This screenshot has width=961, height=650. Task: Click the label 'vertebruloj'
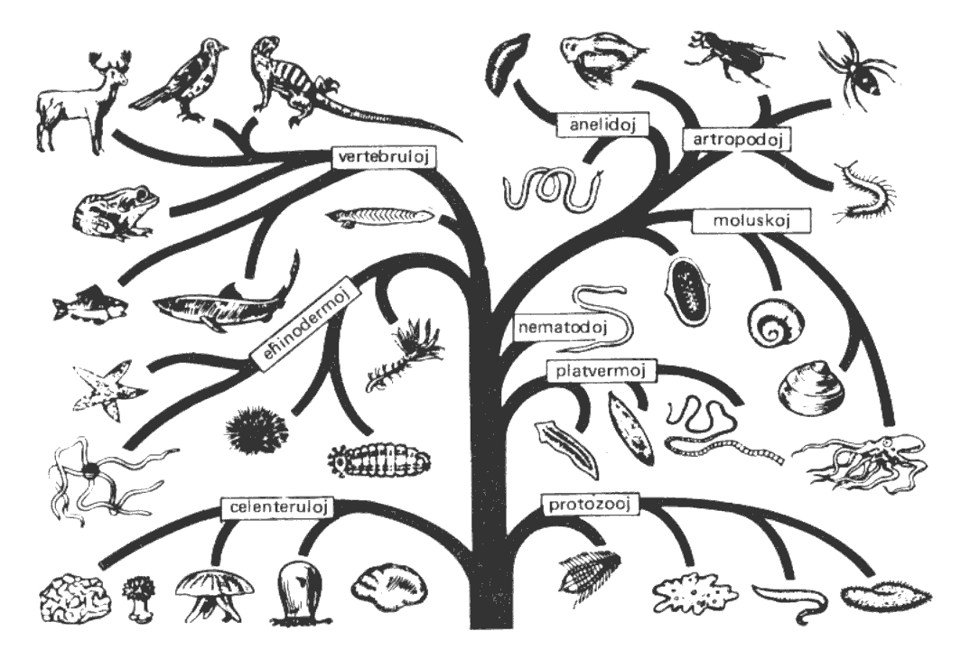point(383,157)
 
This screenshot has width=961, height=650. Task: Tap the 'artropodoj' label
point(737,140)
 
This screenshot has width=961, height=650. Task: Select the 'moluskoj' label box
point(751,221)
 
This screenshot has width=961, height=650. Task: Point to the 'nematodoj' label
point(563,327)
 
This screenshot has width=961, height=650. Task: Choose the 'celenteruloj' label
point(279,507)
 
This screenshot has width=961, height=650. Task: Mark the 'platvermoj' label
point(601,371)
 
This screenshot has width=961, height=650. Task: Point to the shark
point(227,297)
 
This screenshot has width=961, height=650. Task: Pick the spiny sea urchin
point(257,429)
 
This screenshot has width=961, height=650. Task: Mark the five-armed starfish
point(106,389)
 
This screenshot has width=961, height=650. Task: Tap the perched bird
point(181,79)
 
